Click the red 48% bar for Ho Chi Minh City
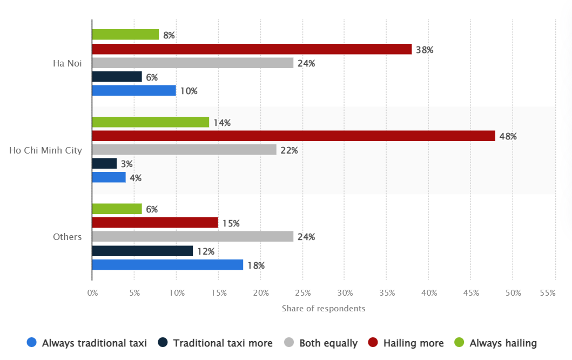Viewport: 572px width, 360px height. (x=293, y=136)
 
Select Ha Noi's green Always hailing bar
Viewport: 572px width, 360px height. (x=125, y=35)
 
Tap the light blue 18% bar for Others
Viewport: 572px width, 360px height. (x=167, y=265)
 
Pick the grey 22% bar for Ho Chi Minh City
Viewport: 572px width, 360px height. (x=184, y=150)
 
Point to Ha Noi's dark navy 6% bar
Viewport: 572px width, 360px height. (x=117, y=77)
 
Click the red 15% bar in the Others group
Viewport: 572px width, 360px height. (x=155, y=223)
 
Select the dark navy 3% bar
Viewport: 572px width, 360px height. (x=104, y=164)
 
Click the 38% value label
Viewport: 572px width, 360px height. (x=425, y=50)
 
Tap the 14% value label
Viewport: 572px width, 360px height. (x=221, y=123)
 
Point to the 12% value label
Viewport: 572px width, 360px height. (x=206, y=251)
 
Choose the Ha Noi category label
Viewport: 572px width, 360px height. (x=67, y=63)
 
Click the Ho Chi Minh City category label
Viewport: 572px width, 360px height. (x=45, y=150)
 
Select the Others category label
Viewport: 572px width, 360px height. (x=67, y=237)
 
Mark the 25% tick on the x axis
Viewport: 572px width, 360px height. (x=302, y=293)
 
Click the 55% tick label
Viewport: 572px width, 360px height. (x=547, y=293)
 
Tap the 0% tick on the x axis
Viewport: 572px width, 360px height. (x=92, y=293)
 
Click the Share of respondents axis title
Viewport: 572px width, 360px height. (x=323, y=309)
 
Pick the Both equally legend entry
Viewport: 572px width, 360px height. (x=328, y=343)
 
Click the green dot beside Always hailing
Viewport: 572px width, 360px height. (x=460, y=342)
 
